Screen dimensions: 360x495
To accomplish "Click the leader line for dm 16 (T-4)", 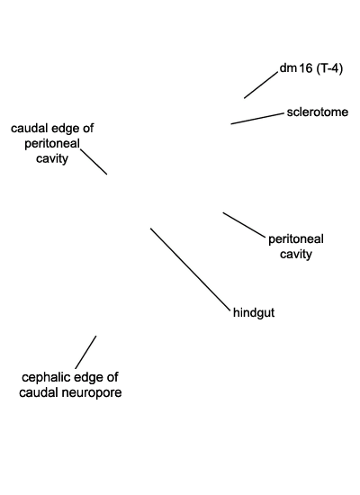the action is click(x=261, y=85).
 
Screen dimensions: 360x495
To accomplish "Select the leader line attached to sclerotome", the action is click(x=257, y=119).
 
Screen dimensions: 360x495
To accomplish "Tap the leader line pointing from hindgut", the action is click(x=191, y=268).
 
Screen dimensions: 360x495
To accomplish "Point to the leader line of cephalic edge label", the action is click(x=85, y=352).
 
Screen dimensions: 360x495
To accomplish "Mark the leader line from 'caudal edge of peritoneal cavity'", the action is click(x=94, y=162).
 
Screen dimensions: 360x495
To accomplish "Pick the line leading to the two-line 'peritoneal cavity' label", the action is click(x=244, y=224).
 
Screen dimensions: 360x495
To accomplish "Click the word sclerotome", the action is click(x=318, y=112).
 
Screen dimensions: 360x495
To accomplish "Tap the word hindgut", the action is click(x=254, y=313).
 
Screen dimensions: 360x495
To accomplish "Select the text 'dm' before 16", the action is click(x=288, y=67).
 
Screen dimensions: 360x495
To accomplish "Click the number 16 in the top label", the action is click(x=305, y=68).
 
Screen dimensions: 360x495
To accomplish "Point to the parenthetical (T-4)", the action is click(x=329, y=68).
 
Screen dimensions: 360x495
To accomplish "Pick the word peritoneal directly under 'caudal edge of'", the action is click(x=52, y=144).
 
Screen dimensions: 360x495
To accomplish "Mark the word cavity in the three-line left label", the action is click(x=52, y=158).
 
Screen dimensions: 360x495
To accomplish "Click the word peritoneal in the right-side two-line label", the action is click(x=296, y=239).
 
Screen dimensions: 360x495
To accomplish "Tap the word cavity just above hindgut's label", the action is click(x=296, y=255).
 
